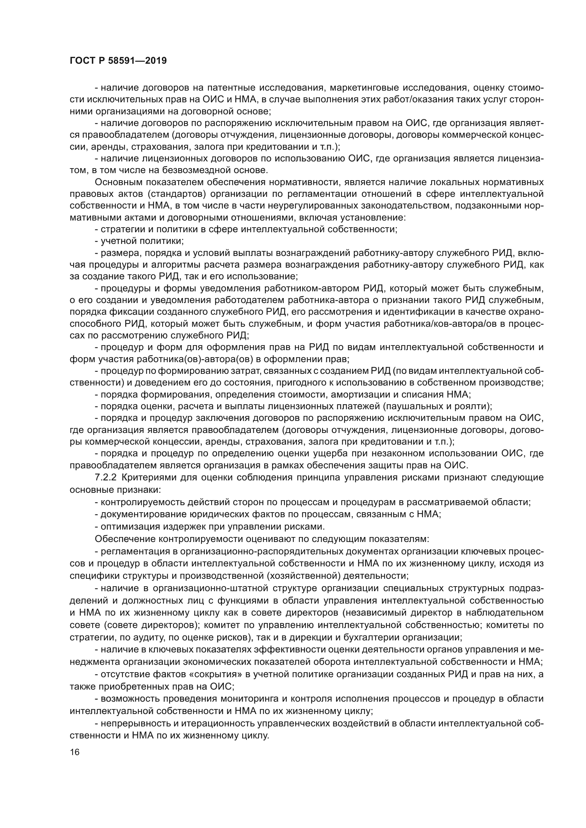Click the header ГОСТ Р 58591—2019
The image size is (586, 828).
(x=118, y=61)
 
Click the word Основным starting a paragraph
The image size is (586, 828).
(x=115, y=182)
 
